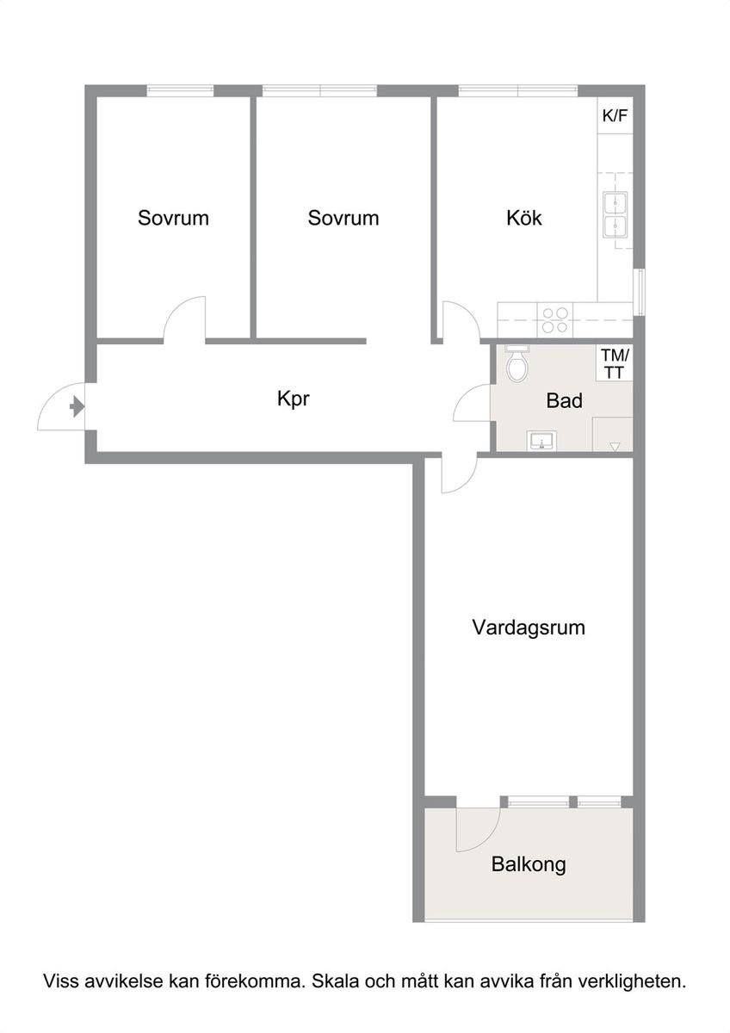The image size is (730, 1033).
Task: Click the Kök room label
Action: [x=524, y=218]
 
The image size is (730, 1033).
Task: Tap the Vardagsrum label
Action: [x=529, y=628]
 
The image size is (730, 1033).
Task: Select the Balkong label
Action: [x=529, y=863]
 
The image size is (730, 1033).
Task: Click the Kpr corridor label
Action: [x=294, y=399]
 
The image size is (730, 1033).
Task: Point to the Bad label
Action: [x=564, y=401]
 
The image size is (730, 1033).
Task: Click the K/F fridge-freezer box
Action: [x=616, y=115]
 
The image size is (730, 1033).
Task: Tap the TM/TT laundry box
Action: [x=615, y=364]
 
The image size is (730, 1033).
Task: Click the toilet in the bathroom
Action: [x=517, y=364]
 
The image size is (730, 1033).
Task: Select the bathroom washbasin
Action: [x=541, y=441]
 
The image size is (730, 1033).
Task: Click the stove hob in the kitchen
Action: [x=554, y=320]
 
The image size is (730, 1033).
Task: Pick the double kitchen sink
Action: [x=615, y=215]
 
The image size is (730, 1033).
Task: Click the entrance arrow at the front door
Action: [x=77, y=406]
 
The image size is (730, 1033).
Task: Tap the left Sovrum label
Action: [x=173, y=218]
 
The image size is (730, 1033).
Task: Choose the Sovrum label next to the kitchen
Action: [x=343, y=218]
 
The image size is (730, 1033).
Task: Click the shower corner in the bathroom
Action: [x=612, y=434]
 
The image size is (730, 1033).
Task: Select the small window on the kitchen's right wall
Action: [x=639, y=293]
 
